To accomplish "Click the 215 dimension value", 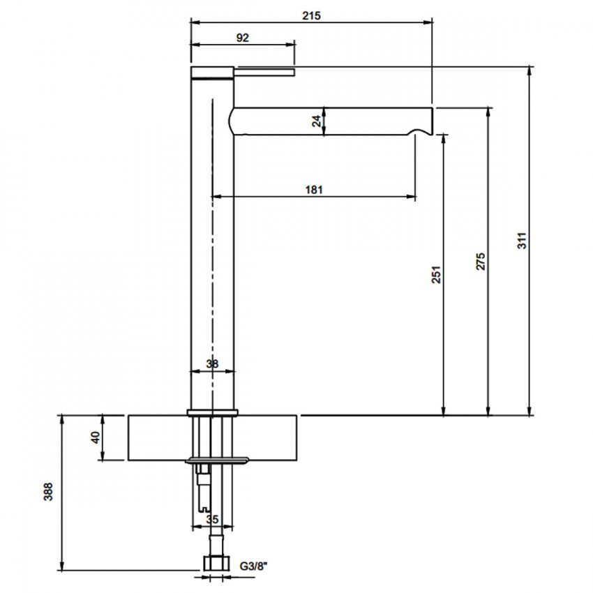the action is click(x=311, y=15).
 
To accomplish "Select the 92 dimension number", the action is click(x=242, y=38).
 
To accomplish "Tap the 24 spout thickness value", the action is click(x=317, y=121).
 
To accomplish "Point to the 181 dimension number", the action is click(x=314, y=189).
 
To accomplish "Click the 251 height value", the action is click(x=437, y=275).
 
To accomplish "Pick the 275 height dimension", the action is click(x=480, y=262).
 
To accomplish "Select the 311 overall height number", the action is click(x=522, y=241).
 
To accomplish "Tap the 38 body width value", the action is click(x=212, y=363).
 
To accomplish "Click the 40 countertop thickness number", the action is click(x=96, y=437).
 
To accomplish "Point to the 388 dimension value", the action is click(x=48, y=492).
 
